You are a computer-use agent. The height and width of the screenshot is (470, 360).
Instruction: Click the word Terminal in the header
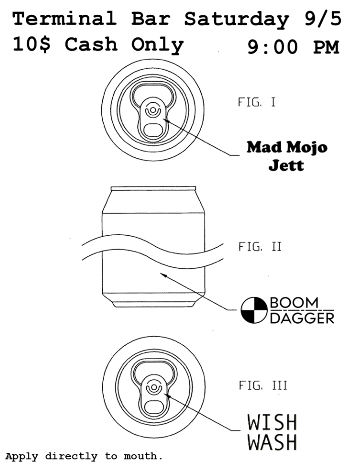pyautogui.click(x=64, y=18)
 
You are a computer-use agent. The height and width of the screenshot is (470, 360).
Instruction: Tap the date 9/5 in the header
pyautogui.click(x=323, y=19)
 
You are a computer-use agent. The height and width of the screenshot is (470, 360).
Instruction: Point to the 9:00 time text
pyautogui.click(x=273, y=48)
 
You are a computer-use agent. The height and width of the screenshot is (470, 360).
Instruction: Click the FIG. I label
pyautogui.click(x=257, y=102)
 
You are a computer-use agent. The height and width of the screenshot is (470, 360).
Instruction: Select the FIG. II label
pyautogui.click(x=260, y=247)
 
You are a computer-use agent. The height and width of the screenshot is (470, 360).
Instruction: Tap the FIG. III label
pyautogui.click(x=263, y=385)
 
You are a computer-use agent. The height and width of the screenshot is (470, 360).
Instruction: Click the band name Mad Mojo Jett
pyautogui.click(x=287, y=156)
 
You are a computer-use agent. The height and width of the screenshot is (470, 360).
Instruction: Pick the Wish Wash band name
pyautogui.click(x=272, y=432)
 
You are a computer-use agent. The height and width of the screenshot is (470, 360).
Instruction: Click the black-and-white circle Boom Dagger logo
pyautogui.click(x=254, y=310)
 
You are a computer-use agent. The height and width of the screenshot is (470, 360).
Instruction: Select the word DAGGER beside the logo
pyautogui.click(x=302, y=318)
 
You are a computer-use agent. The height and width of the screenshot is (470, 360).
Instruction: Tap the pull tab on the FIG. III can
pyautogui.click(x=154, y=396)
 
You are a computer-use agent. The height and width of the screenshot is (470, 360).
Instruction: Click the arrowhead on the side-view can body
pyautogui.click(x=163, y=274)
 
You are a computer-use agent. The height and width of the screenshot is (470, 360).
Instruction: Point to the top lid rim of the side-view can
pyautogui.click(x=153, y=188)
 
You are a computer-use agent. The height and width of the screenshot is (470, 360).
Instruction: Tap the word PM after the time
pyautogui.click(x=326, y=48)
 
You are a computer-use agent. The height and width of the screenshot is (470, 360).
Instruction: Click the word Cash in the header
pyautogui.click(x=91, y=44)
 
